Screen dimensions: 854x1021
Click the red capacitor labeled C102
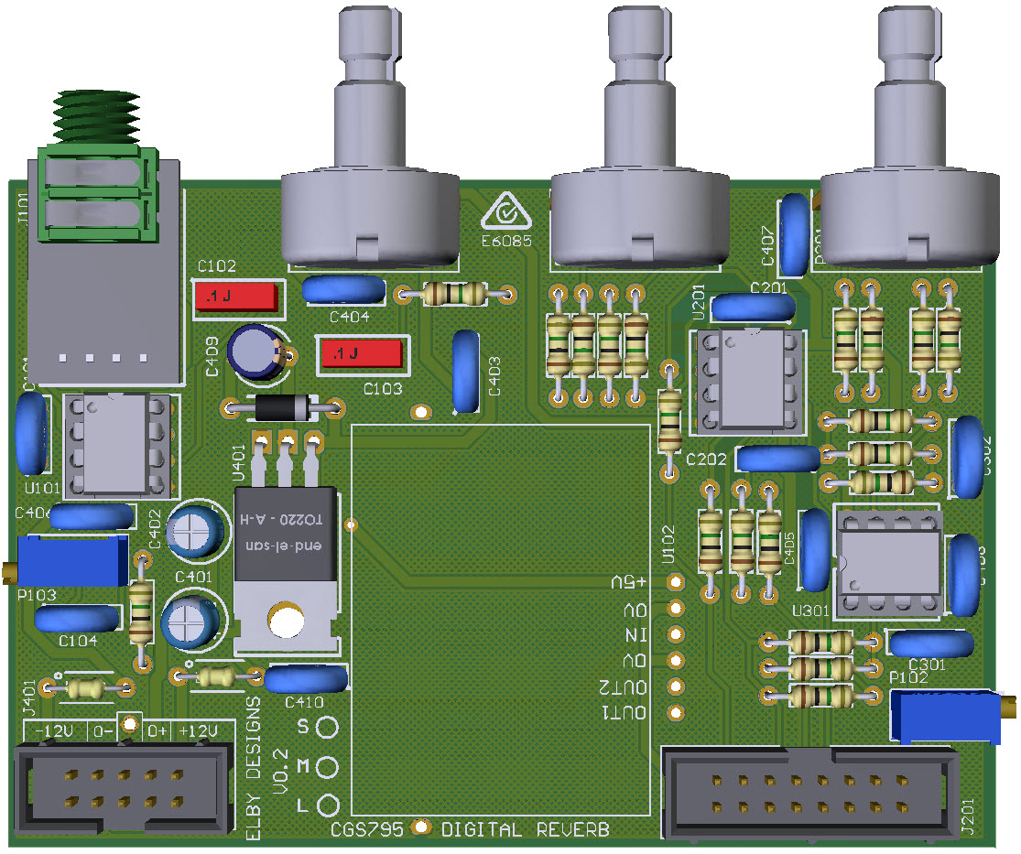[x=237, y=297]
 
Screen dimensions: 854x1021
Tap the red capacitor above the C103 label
[x=358, y=353]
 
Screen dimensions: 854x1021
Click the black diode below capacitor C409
[x=280, y=408]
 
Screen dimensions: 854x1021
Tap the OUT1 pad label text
[x=625, y=713]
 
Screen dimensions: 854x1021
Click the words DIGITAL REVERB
[x=526, y=830]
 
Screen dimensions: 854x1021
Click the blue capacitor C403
[x=468, y=373]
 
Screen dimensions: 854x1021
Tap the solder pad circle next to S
[x=327, y=727]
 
